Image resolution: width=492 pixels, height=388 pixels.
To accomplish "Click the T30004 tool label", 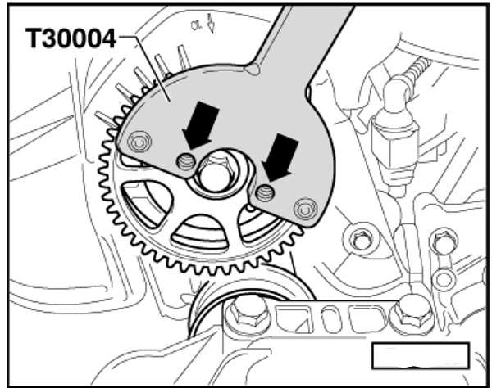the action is [71, 38].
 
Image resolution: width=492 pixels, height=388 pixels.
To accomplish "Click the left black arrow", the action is [200, 125].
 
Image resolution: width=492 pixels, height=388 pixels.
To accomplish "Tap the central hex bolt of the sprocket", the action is [215, 174].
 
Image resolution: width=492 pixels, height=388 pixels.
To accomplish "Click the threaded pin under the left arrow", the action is [186, 162].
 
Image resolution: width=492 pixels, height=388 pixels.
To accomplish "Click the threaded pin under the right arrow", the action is [265, 192].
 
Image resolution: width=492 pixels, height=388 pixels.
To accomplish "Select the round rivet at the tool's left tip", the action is [139, 142].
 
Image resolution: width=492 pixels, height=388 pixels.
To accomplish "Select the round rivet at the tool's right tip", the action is [305, 209].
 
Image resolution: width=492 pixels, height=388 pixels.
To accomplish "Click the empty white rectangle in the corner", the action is [421, 356].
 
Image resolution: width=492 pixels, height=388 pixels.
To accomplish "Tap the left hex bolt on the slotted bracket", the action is [248, 314].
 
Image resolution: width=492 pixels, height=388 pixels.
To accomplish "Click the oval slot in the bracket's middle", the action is [330, 318].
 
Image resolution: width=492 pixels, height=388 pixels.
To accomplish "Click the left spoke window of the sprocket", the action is [147, 202].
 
